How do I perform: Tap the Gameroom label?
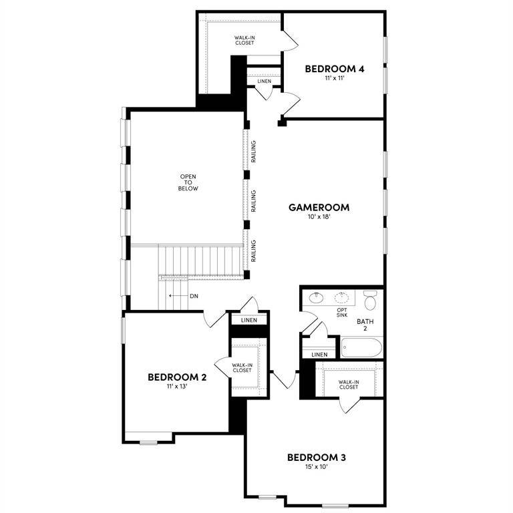319,207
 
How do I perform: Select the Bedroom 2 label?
176,377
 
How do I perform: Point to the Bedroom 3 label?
316,458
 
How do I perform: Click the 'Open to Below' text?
188,182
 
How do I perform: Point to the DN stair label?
194,296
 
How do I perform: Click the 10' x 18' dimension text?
319,218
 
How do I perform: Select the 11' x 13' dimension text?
176,387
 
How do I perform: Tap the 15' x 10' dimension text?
316,467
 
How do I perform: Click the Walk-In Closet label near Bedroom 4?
244,41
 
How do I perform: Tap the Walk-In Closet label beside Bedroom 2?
242,367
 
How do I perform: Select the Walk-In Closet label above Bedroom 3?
348,384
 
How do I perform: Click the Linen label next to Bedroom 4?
264,81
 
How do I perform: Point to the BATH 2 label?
365,325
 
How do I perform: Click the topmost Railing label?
254,156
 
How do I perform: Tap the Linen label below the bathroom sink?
319,354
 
